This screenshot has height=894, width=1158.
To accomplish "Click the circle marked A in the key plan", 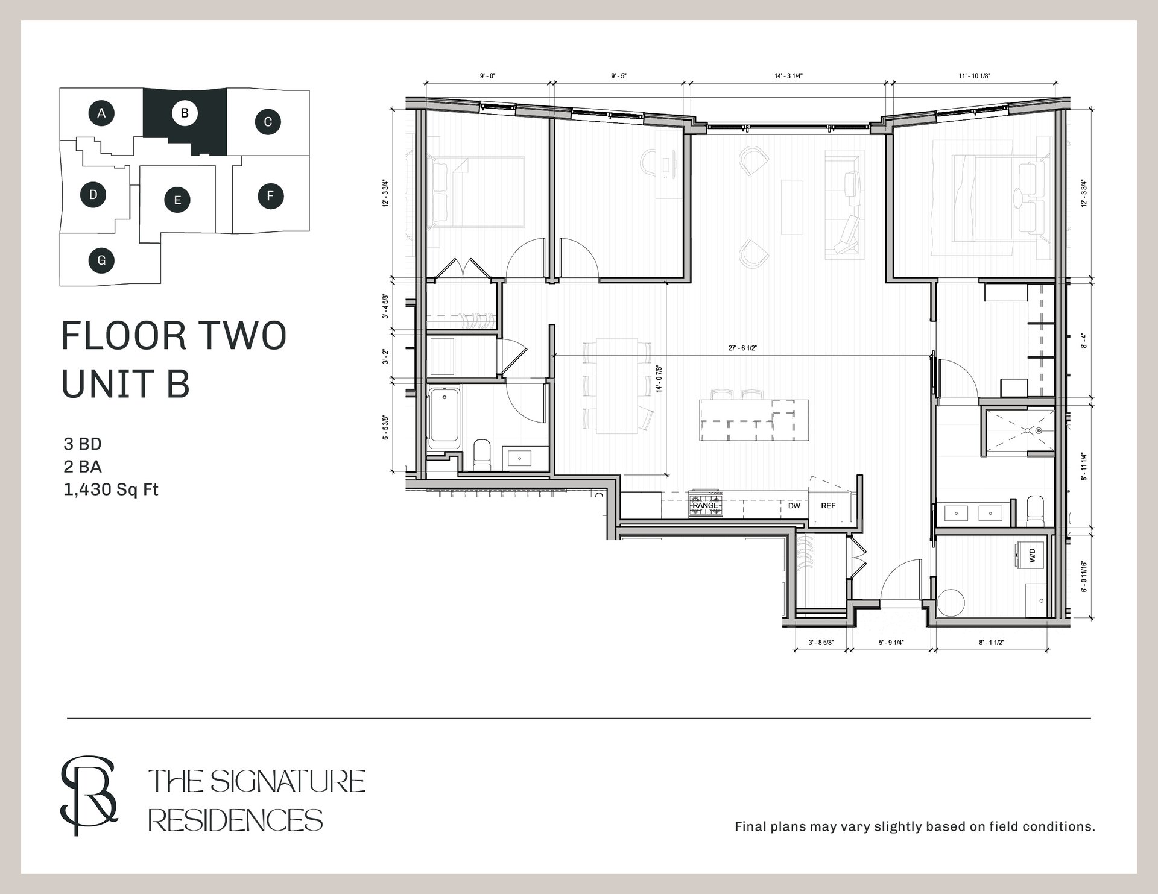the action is coord(102,113).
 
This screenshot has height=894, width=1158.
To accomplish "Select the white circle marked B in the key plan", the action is coord(185,113).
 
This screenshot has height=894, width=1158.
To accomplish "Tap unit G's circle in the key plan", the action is coord(101,260).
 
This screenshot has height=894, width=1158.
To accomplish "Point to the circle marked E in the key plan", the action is coord(177,200).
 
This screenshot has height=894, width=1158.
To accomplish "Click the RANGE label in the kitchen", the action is coord(705,505).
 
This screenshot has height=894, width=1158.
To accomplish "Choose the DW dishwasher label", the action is coord(794,506).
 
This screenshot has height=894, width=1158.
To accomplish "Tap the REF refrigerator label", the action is coord(828,506).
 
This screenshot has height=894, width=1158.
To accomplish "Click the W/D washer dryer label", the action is coord(1032,555).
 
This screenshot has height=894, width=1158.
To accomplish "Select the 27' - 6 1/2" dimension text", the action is coord(742,348).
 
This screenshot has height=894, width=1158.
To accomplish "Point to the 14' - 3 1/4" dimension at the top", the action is coord(788,76).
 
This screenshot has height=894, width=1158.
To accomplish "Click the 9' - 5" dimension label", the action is coord(619,76).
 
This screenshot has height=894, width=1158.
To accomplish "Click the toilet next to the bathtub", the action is coord(482,454).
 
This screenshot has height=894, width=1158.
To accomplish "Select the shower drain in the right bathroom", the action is coord(1039,430).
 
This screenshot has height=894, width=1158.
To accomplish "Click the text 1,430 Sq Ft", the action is coord(111,489).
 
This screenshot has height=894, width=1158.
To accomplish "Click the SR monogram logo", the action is coord(89,796).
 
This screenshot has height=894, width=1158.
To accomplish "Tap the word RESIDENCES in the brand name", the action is coord(236,820).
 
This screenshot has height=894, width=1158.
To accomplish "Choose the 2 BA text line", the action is coord(83,467).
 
